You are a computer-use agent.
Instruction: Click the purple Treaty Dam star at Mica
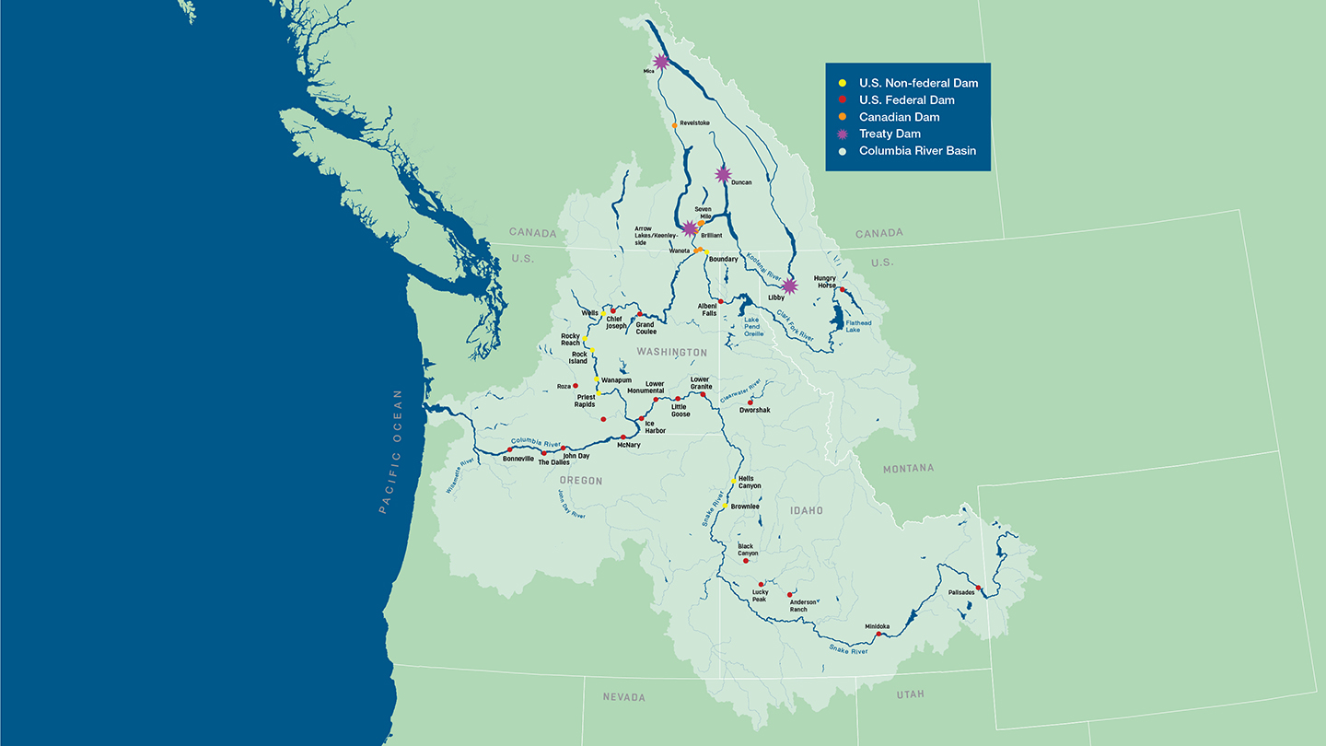coord(660,62)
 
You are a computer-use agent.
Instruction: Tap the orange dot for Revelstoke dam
coord(675,125)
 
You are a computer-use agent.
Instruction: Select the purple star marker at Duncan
coord(723,174)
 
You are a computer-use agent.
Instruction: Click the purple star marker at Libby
coord(789,286)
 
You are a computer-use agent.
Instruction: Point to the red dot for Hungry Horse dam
coord(843,289)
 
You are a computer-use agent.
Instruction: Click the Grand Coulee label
coord(646,328)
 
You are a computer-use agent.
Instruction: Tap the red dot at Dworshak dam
coord(750,402)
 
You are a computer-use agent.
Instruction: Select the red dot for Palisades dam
coord(979,589)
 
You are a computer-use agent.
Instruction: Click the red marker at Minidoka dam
coord(878,634)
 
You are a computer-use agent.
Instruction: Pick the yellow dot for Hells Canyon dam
coord(733,481)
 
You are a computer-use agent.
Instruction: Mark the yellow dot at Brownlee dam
coord(725,506)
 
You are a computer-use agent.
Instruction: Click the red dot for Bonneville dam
coord(510,450)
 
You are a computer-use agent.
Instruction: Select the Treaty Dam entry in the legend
coord(890,134)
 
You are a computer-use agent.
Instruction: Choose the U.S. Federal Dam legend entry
coord(906,99)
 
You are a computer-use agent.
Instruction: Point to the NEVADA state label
coord(623,697)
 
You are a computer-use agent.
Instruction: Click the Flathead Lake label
coord(858,326)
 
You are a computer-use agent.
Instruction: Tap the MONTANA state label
coord(908,469)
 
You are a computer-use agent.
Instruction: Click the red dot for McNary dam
coord(623,437)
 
